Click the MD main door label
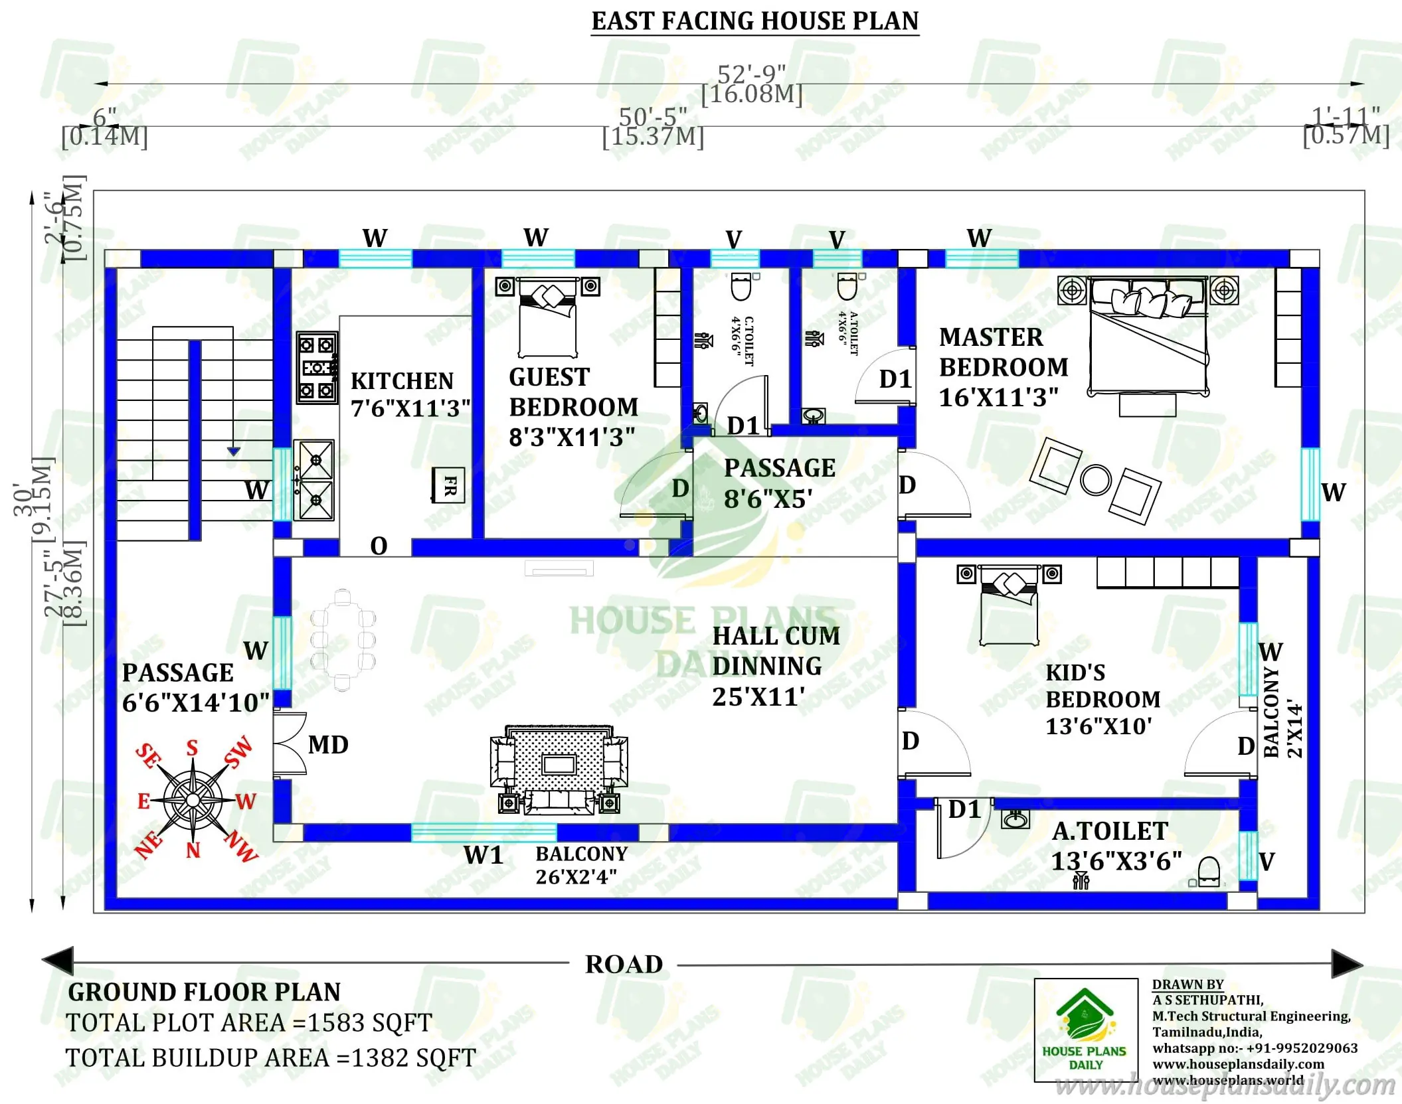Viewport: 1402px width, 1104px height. click(x=328, y=745)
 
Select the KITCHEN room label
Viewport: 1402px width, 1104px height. click(x=402, y=381)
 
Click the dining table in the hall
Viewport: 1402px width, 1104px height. click(x=343, y=640)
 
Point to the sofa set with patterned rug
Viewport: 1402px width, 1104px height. click(x=559, y=769)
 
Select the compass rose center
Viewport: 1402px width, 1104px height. click(x=193, y=800)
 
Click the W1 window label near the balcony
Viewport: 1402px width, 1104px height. click(x=483, y=855)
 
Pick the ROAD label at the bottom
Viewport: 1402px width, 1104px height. click(x=624, y=964)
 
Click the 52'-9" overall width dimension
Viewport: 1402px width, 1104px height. click(x=751, y=73)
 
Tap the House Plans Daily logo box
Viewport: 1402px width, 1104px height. click(x=1085, y=1030)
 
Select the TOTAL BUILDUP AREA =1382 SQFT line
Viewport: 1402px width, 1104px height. click(x=270, y=1058)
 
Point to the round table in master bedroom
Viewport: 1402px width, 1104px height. click(x=1095, y=479)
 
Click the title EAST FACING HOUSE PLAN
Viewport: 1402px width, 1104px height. click(x=754, y=21)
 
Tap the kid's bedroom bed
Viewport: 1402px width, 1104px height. click(x=1009, y=605)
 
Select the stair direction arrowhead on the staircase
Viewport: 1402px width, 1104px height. click(x=233, y=451)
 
